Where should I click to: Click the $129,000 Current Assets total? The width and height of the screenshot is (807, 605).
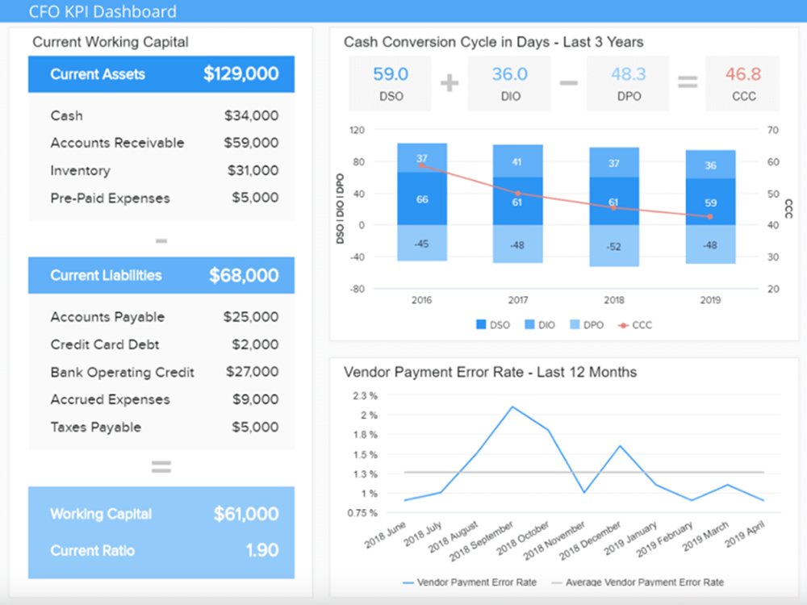(240, 74)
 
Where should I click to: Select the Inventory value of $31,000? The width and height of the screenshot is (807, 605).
(253, 170)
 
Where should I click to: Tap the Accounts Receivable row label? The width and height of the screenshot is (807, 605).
(117, 143)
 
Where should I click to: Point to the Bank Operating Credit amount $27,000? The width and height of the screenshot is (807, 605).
(252, 371)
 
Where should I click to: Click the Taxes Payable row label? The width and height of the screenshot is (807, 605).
(96, 427)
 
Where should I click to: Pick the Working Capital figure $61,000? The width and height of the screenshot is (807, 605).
(246, 513)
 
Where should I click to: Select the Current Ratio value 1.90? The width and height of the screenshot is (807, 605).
(262, 550)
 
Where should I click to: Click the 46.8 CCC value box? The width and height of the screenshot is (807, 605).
(742, 83)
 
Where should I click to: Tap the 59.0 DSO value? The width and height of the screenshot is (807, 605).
(391, 74)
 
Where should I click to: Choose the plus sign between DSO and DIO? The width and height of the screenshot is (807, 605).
(449, 83)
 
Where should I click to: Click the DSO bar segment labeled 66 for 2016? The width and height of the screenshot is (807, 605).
(422, 198)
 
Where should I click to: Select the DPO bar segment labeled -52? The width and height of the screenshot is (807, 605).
(614, 246)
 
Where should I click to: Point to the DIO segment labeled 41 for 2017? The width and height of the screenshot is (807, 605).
(517, 161)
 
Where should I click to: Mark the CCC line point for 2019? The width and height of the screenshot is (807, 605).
(710, 216)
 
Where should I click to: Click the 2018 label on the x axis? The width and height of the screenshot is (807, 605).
(614, 300)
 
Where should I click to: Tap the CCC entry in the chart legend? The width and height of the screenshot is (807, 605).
(635, 325)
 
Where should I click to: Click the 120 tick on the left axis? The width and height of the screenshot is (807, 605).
(358, 130)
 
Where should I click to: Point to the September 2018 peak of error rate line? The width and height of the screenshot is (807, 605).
(512, 407)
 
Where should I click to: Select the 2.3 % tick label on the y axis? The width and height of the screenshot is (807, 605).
(365, 395)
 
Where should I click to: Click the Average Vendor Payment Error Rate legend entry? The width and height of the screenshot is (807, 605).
(638, 582)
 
